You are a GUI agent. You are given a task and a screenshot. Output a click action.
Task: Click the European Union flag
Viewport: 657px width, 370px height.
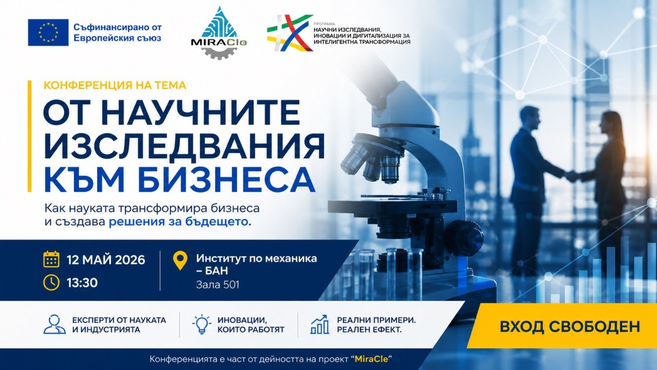tap(48, 32)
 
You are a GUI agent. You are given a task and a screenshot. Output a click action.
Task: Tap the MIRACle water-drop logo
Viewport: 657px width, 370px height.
tap(219, 32)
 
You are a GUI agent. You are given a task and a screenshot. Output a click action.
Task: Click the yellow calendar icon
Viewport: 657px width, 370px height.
tap(51, 260)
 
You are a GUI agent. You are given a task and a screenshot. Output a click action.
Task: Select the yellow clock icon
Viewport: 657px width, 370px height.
tap(51, 283)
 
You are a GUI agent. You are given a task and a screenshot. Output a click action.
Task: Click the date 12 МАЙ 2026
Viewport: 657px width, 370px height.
tap(106, 260)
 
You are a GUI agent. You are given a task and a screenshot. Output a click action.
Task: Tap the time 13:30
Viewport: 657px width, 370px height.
tap(82, 283)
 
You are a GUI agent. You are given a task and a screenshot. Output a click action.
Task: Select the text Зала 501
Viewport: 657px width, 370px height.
tap(218, 285)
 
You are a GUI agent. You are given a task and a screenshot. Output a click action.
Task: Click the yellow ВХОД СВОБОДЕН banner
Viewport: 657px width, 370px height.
tap(562, 326)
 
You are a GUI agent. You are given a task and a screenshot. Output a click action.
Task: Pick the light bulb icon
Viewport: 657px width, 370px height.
tap(202, 324)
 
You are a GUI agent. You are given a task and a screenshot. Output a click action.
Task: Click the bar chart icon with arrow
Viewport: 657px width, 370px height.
tap(319, 324)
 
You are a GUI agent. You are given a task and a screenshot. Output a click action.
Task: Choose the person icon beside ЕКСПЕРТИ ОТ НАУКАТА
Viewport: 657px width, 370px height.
tap(54, 324)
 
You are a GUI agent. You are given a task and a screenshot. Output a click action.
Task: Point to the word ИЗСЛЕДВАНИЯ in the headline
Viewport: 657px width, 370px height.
tap(184, 145)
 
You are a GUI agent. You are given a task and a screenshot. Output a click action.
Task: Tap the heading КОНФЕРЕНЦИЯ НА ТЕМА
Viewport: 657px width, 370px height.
tap(115, 85)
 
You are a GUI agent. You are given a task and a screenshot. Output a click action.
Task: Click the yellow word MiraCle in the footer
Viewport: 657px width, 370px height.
tap(371, 359)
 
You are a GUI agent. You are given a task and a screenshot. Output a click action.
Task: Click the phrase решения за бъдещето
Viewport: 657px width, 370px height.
tap(180, 222)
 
